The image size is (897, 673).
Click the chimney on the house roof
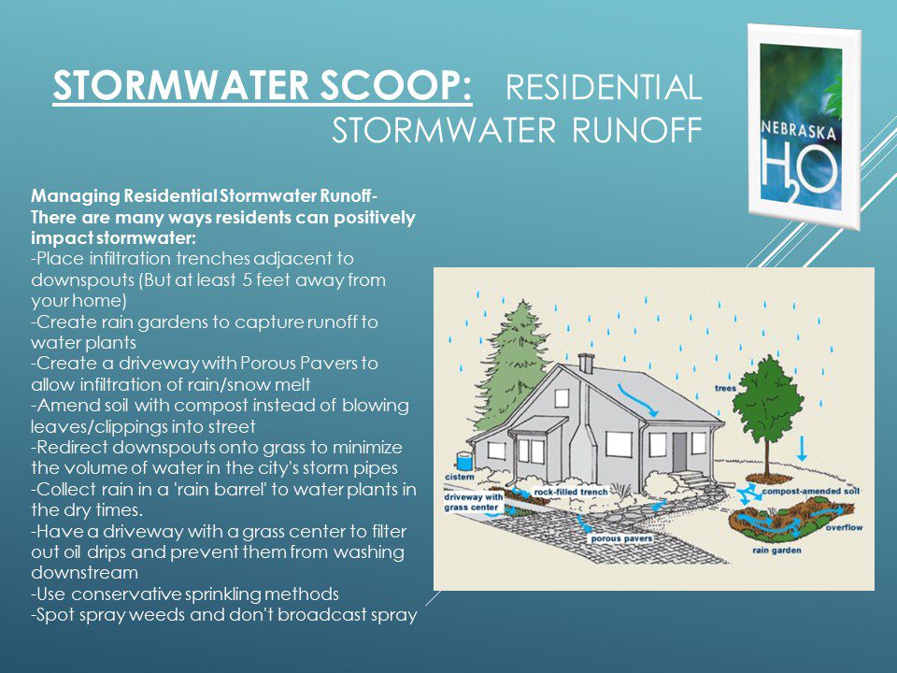coord(586,364)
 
